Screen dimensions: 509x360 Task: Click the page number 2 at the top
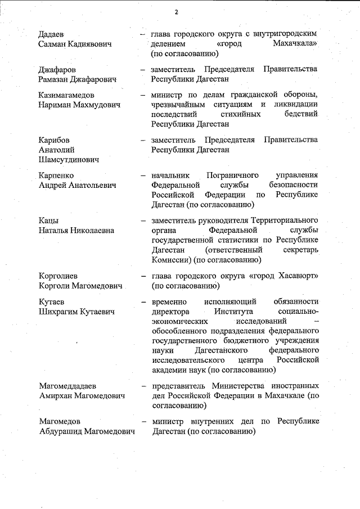click(x=176, y=12)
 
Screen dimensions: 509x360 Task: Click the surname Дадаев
click(x=53, y=33)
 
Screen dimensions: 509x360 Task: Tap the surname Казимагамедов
click(x=70, y=95)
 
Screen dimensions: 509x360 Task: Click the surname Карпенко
click(x=57, y=175)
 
